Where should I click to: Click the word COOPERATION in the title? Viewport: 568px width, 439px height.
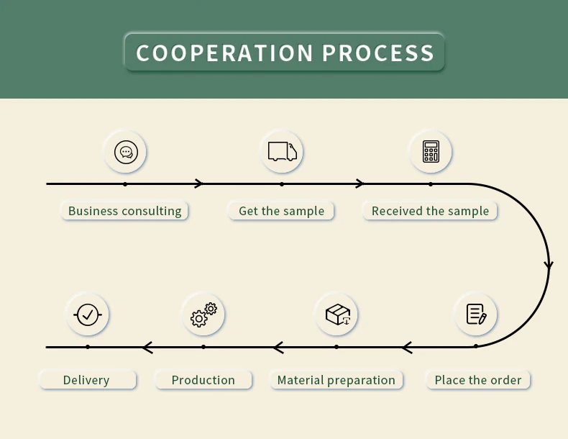[224, 53]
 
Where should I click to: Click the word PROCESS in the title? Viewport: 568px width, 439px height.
[378, 53]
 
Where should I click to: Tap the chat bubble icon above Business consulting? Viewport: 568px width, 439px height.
[126, 152]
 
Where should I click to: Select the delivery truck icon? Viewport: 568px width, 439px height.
[282, 151]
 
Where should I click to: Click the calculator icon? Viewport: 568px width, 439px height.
[431, 151]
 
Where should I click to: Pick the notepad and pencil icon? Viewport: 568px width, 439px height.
[476, 314]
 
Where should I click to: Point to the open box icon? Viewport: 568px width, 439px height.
[336, 314]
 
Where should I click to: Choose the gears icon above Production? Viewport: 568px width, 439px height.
[203, 314]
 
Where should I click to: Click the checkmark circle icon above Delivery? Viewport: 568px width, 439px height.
[88, 314]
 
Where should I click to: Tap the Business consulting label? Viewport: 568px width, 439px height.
[124, 211]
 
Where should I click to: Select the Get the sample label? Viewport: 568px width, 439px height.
[281, 211]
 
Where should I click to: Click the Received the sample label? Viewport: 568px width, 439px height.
[430, 211]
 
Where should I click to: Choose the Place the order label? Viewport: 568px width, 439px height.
[478, 380]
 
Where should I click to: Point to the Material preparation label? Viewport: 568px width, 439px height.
[336, 380]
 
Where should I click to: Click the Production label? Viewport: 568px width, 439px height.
[203, 380]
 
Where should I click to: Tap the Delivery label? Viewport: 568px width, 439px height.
[86, 380]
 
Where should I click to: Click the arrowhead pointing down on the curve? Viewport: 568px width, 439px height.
[549, 265]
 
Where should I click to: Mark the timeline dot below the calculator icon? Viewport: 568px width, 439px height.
[431, 184]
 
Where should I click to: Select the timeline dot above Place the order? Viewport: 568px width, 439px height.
[475, 346]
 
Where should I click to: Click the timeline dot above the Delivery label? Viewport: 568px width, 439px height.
[88, 347]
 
